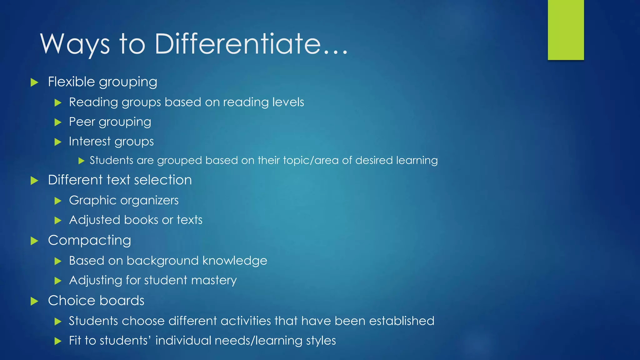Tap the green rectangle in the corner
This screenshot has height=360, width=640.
pos(566,30)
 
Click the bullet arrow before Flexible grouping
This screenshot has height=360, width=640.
pos(34,82)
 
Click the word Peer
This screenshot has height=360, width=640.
pos(82,122)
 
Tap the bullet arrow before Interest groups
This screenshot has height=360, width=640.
pos(58,142)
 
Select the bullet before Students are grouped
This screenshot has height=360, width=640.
pos(81,161)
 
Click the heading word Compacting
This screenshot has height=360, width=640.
pos(90,241)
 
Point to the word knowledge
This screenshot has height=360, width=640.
pos(235,261)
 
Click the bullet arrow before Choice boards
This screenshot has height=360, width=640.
pos(34,301)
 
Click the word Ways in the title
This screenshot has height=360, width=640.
pos(75,44)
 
